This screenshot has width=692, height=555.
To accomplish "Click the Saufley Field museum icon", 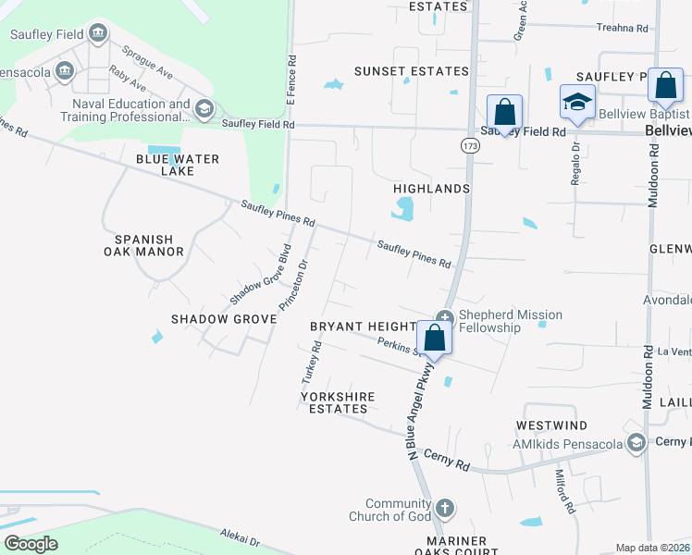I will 97,35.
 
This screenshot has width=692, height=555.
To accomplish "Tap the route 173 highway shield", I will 471,146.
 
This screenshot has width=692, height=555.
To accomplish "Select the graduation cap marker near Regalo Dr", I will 577,102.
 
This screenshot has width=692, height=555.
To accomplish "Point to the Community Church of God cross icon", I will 445,508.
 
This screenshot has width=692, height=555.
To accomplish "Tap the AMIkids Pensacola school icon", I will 636,443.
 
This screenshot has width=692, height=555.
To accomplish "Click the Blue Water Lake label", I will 178,165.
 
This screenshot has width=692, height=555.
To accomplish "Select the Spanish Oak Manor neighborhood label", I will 149,244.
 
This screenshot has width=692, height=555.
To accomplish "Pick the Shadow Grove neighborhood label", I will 224,319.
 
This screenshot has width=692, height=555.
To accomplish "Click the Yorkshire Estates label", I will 338,402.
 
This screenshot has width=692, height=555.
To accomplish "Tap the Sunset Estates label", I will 413,71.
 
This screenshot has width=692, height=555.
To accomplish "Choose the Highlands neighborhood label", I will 432,189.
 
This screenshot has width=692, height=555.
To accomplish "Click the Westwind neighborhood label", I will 551,425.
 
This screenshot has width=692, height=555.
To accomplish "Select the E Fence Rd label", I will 290,80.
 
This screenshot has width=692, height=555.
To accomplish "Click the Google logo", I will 31,544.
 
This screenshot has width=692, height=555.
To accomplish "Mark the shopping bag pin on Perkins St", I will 435,339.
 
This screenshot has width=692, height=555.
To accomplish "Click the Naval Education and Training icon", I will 204,111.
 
